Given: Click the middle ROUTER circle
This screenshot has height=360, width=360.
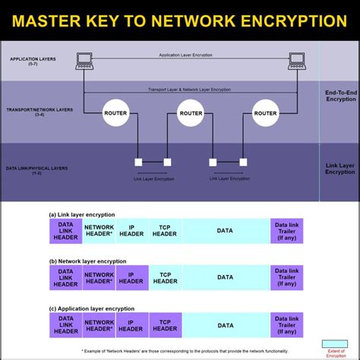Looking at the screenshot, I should click(190, 113).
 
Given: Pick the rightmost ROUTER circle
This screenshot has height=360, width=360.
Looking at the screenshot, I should click(265, 113).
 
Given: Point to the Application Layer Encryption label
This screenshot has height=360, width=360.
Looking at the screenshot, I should click(189, 55).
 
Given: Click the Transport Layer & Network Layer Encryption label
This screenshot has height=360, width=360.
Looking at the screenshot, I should click(190, 89).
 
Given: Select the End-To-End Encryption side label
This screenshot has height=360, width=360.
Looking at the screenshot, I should click(339, 95).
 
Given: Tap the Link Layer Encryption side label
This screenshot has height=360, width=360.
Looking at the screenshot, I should click(339, 168).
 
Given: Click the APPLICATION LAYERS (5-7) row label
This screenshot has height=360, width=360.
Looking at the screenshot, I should click(27, 60).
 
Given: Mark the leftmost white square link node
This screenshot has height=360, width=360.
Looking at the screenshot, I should click(138, 162).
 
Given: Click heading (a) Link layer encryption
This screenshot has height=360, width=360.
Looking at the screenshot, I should click(87, 215).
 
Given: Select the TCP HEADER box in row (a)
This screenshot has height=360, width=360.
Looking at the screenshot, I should click(165, 231).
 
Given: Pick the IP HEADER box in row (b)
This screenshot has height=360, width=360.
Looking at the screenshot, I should click(132, 277).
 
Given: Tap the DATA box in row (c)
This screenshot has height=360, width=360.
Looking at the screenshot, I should click(226, 324).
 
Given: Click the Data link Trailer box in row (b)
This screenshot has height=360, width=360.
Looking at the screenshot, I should click(286, 277).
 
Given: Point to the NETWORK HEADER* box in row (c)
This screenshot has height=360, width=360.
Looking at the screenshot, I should click(99, 324).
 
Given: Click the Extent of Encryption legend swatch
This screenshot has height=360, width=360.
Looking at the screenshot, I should click(335, 343).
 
